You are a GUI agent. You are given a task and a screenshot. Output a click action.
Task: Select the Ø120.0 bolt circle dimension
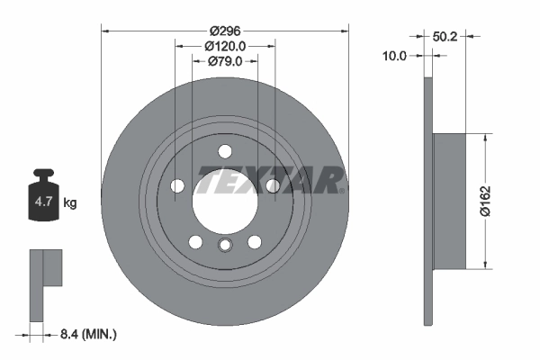[225, 44]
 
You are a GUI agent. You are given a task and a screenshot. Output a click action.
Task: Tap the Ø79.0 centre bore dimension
[225, 61]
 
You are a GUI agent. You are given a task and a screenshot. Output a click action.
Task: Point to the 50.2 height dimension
[443, 37]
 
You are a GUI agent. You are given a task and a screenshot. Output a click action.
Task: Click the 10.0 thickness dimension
[395, 55]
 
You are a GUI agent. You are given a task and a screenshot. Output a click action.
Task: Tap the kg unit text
[69, 203]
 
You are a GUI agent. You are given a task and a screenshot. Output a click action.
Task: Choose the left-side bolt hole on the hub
[177, 185]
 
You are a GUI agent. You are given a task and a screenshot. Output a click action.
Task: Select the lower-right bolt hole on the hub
[255, 241]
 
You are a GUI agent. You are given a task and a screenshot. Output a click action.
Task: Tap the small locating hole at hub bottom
[225, 247]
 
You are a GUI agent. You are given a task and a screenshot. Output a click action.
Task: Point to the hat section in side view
[449, 201]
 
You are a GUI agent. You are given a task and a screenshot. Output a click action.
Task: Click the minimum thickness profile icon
[44, 283]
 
